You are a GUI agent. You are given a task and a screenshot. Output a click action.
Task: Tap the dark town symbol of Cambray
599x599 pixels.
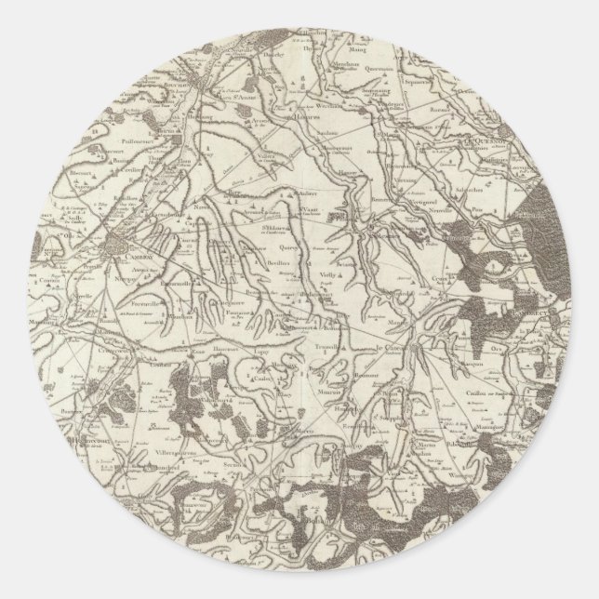point(119,246)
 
